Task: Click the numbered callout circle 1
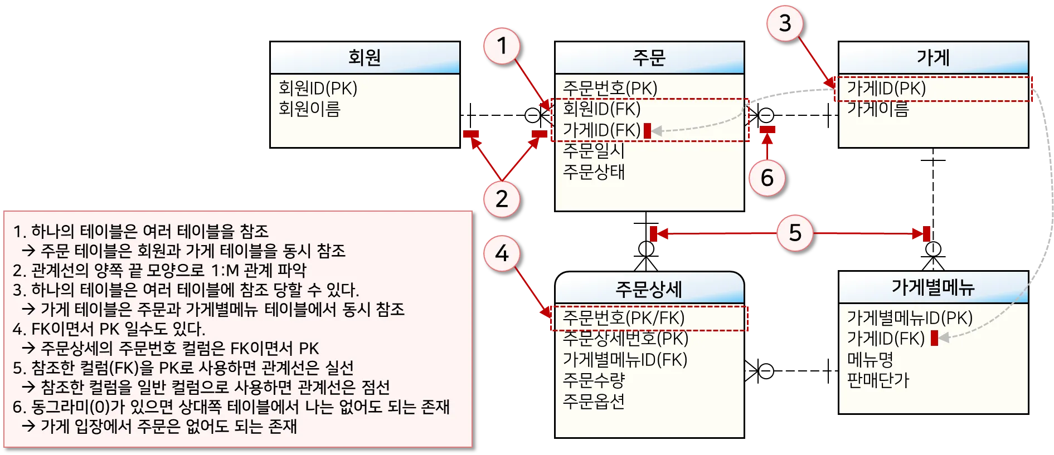[502, 46]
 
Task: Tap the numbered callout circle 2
[502, 199]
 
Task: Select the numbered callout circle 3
[785, 23]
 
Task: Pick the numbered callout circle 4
[502, 253]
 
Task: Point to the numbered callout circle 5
[795, 233]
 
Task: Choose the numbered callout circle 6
[767, 178]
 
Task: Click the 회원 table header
[365, 57]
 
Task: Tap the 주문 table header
[649, 57]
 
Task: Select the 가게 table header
[933, 57]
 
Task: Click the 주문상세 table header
[649, 289]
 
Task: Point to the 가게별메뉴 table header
[933, 287]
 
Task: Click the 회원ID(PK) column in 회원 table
[318, 88]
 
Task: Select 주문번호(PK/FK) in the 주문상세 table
[623, 317]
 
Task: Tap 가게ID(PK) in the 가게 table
[886, 88]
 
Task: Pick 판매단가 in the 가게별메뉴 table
[878, 380]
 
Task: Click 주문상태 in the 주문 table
[594, 172]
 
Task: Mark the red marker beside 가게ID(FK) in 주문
[647, 131]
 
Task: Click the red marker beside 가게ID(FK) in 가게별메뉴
[935, 338]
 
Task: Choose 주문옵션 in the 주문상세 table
[594, 401]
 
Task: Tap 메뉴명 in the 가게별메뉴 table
[870, 359]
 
